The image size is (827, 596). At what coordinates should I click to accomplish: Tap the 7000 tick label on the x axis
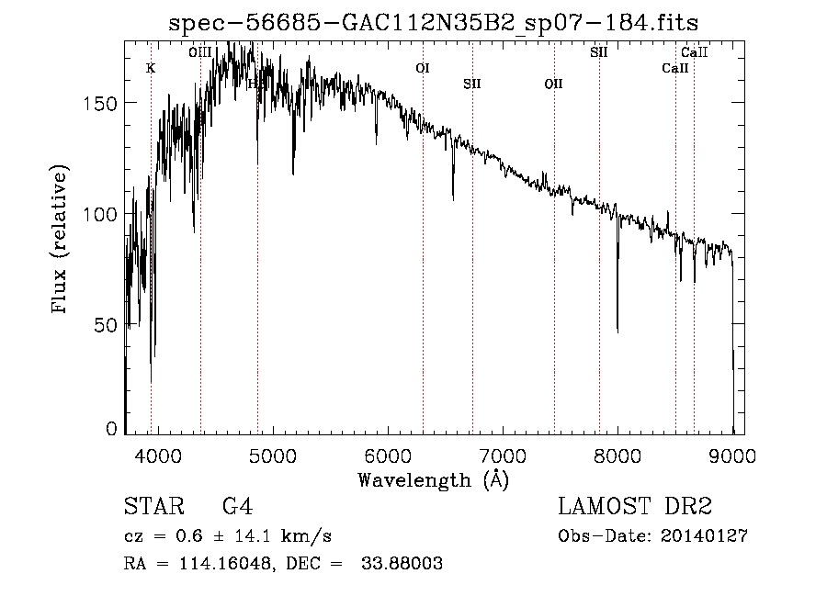(x=503, y=454)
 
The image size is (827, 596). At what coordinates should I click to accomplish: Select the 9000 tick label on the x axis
(x=732, y=454)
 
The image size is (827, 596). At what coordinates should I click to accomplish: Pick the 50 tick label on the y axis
(x=107, y=325)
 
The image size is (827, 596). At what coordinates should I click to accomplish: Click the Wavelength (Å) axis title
(x=433, y=478)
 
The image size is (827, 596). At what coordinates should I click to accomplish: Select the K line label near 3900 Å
(x=151, y=68)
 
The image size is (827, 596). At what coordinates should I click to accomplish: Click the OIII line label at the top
(x=200, y=52)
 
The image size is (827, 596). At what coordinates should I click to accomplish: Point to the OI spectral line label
(x=423, y=68)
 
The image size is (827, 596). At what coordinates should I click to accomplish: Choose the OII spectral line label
(x=553, y=84)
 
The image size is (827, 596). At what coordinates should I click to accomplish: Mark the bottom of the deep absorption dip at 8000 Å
(x=617, y=332)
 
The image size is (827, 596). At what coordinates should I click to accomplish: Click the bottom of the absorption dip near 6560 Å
(x=452, y=197)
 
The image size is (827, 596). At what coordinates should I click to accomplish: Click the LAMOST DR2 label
(x=635, y=507)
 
